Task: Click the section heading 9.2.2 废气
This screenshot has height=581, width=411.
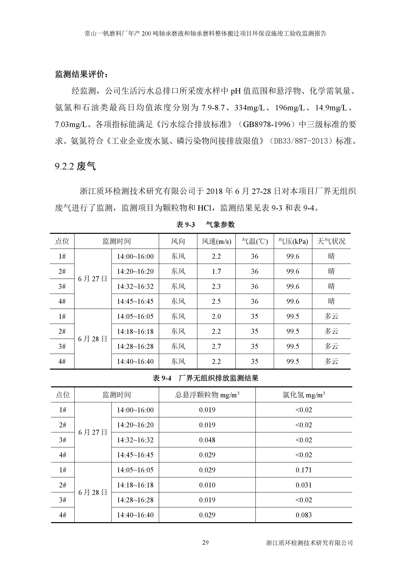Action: [75, 166]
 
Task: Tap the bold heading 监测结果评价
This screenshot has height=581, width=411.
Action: [82, 74]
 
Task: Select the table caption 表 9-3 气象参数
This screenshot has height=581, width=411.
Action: [205, 224]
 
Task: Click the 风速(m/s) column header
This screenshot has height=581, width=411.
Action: [216, 241]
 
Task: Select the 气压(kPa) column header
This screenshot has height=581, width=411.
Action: [293, 241]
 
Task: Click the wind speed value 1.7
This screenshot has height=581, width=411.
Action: [216, 271]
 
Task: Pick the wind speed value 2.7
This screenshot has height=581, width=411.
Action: [216, 346]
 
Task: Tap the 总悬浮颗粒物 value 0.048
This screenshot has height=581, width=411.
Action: [207, 440]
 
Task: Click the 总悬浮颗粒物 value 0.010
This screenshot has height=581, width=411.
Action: [207, 485]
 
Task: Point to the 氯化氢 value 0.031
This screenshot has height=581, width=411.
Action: [303, 485]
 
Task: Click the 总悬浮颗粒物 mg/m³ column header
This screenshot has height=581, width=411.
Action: [207, 395]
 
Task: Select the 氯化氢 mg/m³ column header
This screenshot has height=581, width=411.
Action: [303, 395]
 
